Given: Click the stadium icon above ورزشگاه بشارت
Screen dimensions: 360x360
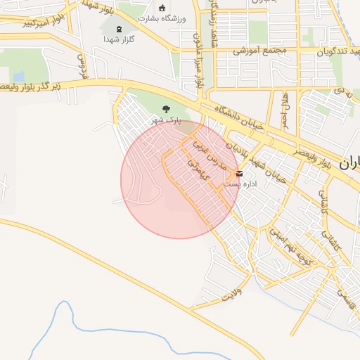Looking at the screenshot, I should pyautogui.click(x=163, y=8).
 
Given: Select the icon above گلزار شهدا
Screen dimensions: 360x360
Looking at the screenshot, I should pyautogui.click(x=118, y=29).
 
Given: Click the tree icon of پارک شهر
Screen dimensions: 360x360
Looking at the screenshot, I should pyautogui.click(x=166, y=109).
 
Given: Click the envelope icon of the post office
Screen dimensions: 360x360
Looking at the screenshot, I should pyautogui.click(x=240, y=173).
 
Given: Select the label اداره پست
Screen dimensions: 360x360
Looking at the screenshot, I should pyautogui.click(x=240, y=184).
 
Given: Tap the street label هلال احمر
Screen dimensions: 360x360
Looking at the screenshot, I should pyautogui.click(x=285, y=110).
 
